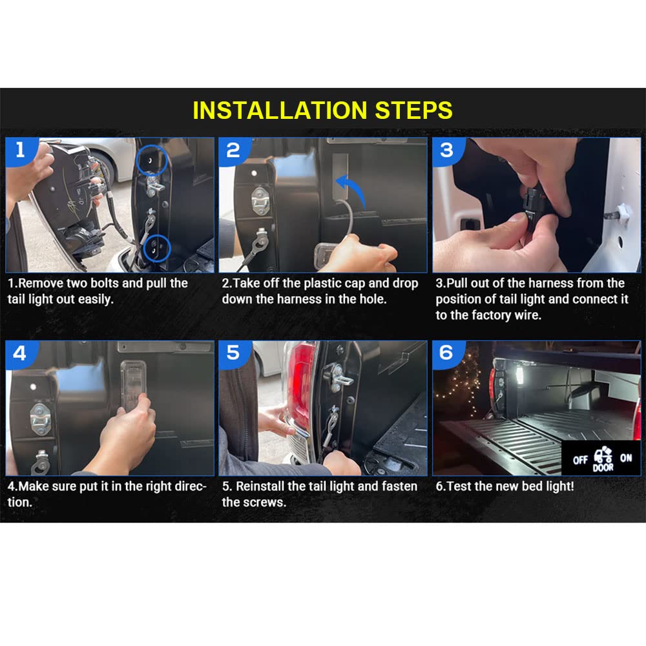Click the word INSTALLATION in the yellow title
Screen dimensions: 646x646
pyautogui.click(x=280, y=110)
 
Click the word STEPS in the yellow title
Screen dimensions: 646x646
pyautogui.click(x=413, y=110)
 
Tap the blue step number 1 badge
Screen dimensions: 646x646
pyautogui.click(x=21, y=151)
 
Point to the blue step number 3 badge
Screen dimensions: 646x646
pyautogui.click(x=448, y=151)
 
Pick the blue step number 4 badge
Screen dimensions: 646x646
pyautogui.click(x=21, y=353)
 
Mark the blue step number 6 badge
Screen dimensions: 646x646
pyautogui.click(x=448, y=353)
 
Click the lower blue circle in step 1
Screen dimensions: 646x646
pyautogui.click(x=143, y=248)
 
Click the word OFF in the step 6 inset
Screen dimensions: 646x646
pyautogui.click(x=580, y=460)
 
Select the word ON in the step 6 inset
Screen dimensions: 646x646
pyautogui.click(x=626, y=458)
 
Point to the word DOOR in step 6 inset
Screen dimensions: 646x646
pyautogui.click(x=603, y=468)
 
